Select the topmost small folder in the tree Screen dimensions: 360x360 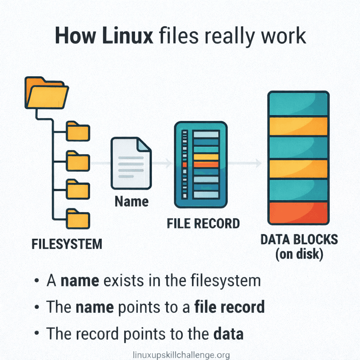point(78,131)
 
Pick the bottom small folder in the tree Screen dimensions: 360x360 point(78,218)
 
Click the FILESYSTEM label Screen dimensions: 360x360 point(67,244)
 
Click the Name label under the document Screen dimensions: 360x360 point(131,202)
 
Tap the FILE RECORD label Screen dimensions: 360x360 point(203,223)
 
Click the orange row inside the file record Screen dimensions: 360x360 point(206,164)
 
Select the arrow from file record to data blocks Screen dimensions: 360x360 point(245,163)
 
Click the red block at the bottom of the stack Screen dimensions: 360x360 point(298,212)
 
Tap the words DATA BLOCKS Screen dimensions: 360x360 point(299,239)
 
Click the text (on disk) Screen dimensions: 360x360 point(299,254)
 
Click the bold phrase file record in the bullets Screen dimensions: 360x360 point(229,307)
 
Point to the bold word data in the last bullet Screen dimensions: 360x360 point(228,334)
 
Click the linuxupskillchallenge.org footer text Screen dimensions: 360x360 point(181,355)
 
